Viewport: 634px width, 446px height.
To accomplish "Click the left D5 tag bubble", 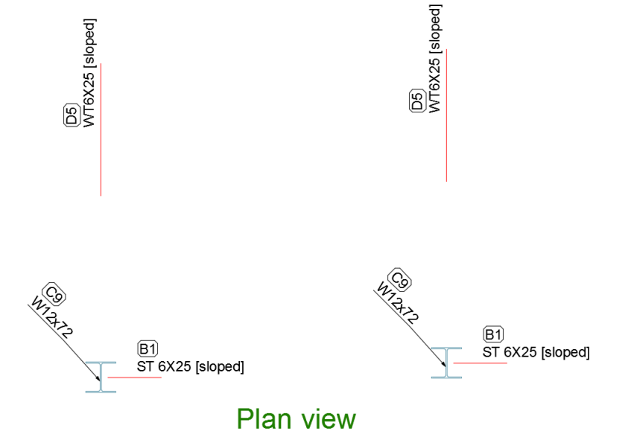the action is click(x=72, y=115).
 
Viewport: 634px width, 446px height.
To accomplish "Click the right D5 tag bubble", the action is click(x=417, y=101).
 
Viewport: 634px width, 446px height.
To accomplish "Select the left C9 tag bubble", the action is click(x=54, y=294).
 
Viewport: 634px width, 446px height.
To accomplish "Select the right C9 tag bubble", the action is click(x=399, y=279).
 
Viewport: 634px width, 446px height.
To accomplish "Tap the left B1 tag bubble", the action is click(x=148, y=348).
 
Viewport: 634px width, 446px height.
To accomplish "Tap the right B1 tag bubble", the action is click(x=493, y=334).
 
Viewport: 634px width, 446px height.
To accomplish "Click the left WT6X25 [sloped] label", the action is click(x=89, y=73).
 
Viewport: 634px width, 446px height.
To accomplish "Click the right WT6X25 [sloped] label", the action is click(x=434, y=59).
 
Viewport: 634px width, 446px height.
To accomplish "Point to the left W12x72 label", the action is click(x=51, y=317).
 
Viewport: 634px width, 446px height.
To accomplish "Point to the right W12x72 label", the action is click(x=398, y=303).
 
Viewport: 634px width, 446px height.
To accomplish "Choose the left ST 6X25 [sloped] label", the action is click(x=191, y=367).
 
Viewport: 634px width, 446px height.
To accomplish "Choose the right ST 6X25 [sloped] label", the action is click(x=536, y=352).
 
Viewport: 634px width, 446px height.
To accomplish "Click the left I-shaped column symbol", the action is click(x=101, y=377).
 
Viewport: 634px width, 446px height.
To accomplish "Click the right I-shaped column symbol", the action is click(x=446, y=363).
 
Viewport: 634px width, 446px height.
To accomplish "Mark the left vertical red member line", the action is click(x=101, y=130).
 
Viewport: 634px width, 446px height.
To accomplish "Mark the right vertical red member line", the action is click(x=446, y=115).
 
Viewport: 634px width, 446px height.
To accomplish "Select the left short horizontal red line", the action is click(x=135, y=377).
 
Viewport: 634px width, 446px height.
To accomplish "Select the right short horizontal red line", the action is click(x=481, y=363).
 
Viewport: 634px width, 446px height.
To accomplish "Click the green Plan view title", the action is click(x=297, y=419).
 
